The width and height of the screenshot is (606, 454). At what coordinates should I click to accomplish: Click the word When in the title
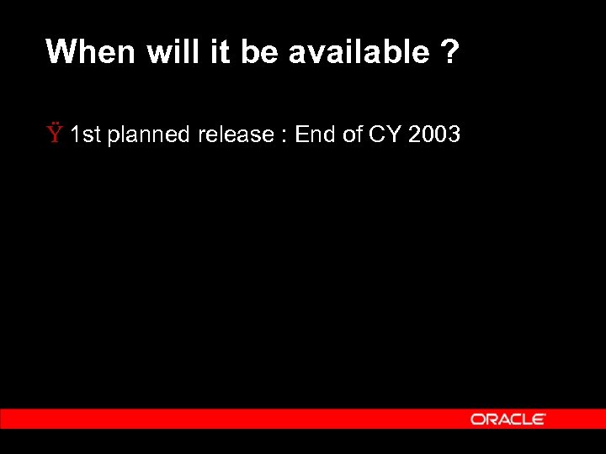click(x=90, y=52)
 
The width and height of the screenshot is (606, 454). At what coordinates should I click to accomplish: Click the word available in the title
click(x=359, y=52)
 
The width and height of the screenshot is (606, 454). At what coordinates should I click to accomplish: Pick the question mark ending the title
click(x=449, y=52)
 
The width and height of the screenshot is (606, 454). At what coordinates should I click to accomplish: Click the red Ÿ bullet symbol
click(x=55, y=134)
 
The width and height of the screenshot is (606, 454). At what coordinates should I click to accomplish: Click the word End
click(x=316, y=135)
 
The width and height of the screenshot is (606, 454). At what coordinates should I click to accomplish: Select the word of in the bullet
click(x=353, y=135)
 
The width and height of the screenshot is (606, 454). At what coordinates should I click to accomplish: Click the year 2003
click(x=434, y=135)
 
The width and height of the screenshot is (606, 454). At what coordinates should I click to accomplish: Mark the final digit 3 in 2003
click(x=454, y=135)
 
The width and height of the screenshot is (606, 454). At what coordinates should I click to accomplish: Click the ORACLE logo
click(x=508, y=419)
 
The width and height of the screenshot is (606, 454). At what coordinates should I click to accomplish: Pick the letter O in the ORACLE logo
click(x=477, y=419)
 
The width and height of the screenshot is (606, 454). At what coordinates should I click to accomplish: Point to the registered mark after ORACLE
click(x=544, y=415)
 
